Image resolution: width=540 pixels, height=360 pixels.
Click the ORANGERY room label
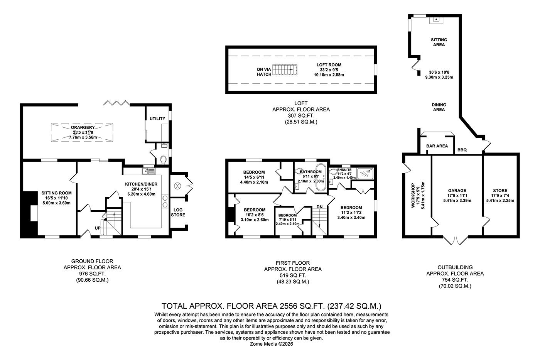coord(83,128)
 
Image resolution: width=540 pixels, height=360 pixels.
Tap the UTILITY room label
coord(157,118)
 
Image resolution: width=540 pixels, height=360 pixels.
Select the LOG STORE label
coord(178,212)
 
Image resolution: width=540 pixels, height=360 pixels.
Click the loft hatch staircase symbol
coord(286,69)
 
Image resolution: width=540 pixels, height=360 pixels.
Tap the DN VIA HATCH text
coord(264,72)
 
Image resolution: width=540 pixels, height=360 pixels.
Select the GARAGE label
coord(457,191)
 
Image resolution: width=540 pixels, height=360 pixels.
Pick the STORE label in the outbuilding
coord(500,191)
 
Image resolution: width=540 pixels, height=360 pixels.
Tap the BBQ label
coord(462,150)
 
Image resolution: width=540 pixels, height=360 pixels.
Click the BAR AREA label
coord(437,146)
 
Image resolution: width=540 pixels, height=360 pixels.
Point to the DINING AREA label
coord(439,107)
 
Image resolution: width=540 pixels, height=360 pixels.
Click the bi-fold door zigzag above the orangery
coord(116,103)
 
